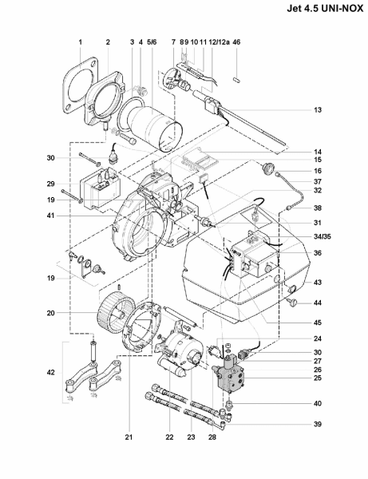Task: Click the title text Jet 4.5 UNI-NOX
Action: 325,9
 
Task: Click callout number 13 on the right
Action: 318,110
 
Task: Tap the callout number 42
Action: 51,373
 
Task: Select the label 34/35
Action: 322,237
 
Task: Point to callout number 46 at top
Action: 236,42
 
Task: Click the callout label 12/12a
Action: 219,42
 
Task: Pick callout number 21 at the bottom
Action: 129,437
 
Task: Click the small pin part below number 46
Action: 236,80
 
